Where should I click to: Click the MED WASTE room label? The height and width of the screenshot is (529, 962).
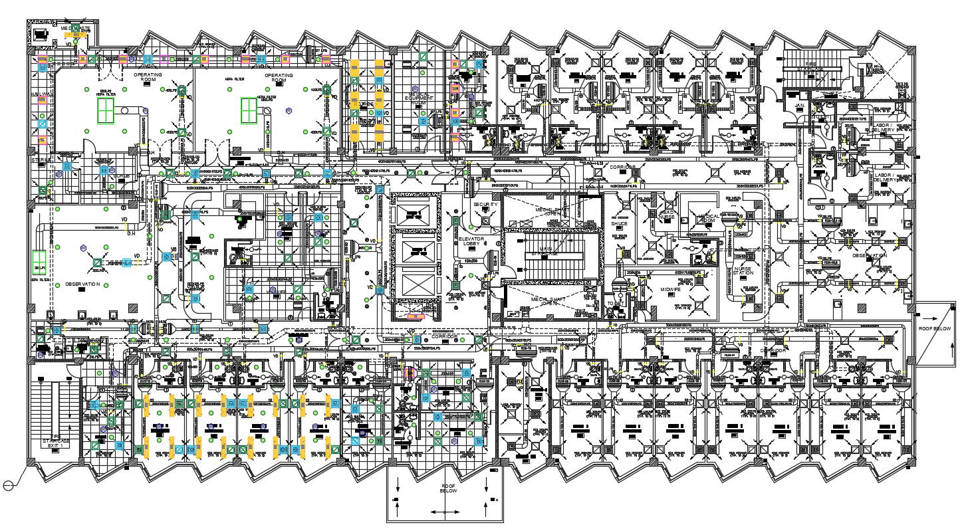click(75, 29)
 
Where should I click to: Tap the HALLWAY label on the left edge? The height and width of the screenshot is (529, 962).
click(41, 95)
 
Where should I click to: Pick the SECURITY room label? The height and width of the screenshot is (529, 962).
click(485, 208)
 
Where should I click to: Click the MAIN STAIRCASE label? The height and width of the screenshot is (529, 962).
click(544, 250)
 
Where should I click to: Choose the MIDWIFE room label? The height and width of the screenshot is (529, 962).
click(671, 290)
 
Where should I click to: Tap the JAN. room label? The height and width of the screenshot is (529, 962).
click(798, 105)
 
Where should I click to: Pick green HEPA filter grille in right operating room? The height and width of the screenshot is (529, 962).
click(249, 110)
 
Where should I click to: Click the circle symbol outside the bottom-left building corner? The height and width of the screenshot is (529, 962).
click(9, 486)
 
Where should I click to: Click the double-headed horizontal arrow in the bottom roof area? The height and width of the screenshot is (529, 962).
click(442, 512)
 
